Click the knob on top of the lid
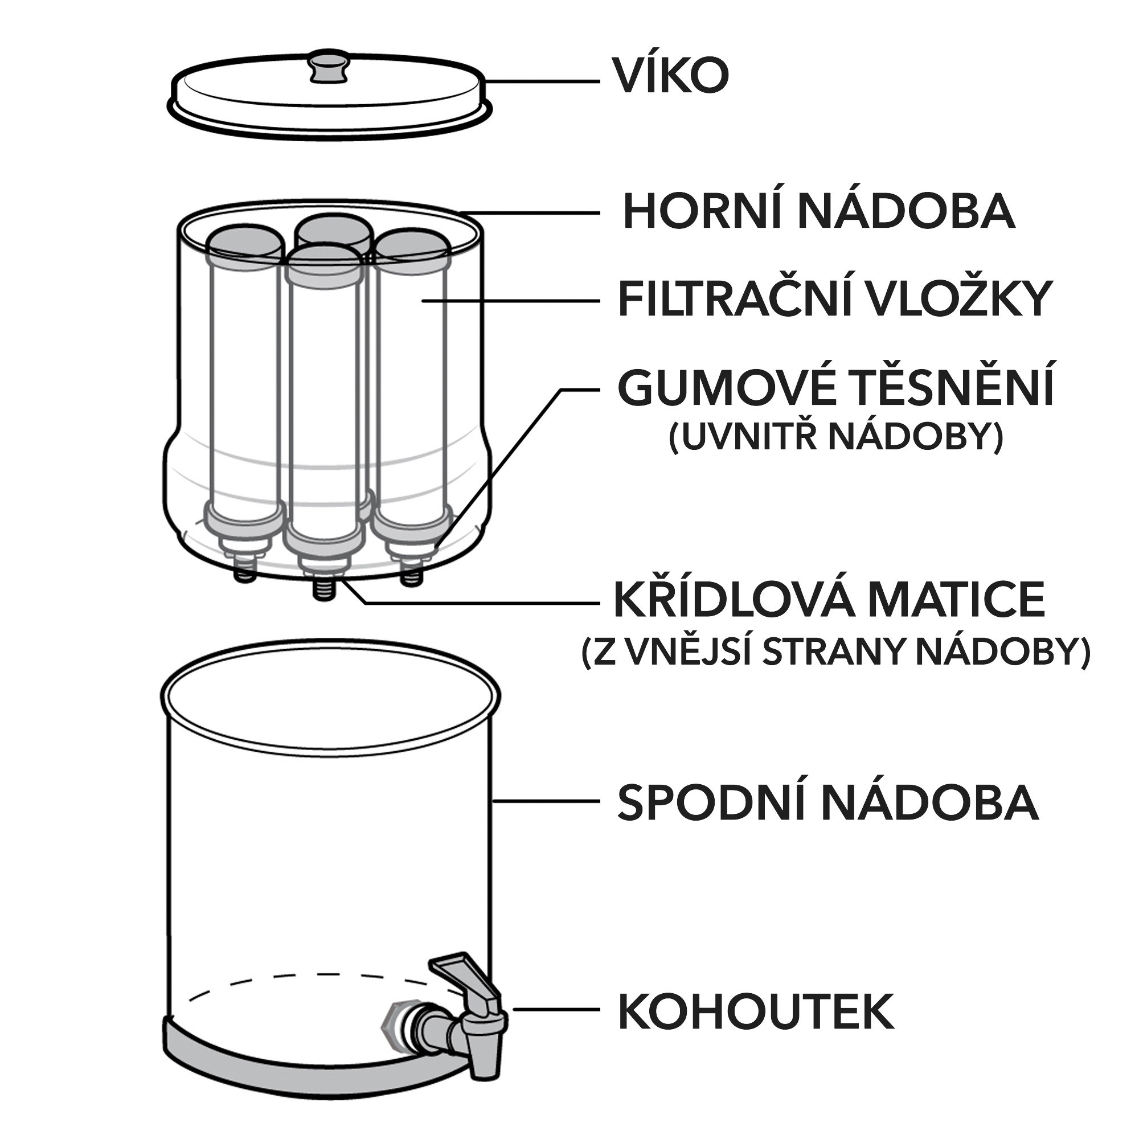(x=329, y=65)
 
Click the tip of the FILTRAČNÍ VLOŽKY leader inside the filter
(x=422, y=300)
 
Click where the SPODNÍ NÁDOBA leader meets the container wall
(x=493, y=801)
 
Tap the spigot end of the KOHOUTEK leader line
(x=514, y=1009)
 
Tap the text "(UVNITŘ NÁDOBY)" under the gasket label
(x=836, y=437)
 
